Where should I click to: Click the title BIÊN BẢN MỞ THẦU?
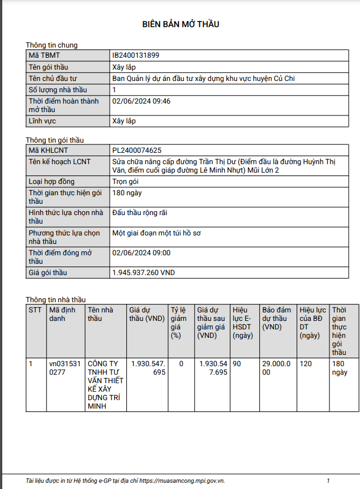[181, 24]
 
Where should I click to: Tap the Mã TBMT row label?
[44, 55]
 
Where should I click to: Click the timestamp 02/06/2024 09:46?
[142, 101]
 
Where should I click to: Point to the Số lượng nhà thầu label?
[58, 90]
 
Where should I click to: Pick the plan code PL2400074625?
[137, 151]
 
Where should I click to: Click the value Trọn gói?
[126, 182]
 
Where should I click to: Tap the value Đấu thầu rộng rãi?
[140, 213]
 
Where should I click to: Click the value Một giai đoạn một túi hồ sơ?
[160, 233]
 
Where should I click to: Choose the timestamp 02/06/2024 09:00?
[142, 253]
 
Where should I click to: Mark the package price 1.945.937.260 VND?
[144, 273]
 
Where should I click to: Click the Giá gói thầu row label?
[48, 273]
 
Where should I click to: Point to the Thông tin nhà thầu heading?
[56, 299]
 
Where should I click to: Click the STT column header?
[35, 310]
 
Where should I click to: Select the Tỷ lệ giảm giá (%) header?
[178, 323]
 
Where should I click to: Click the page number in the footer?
[328, 481]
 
